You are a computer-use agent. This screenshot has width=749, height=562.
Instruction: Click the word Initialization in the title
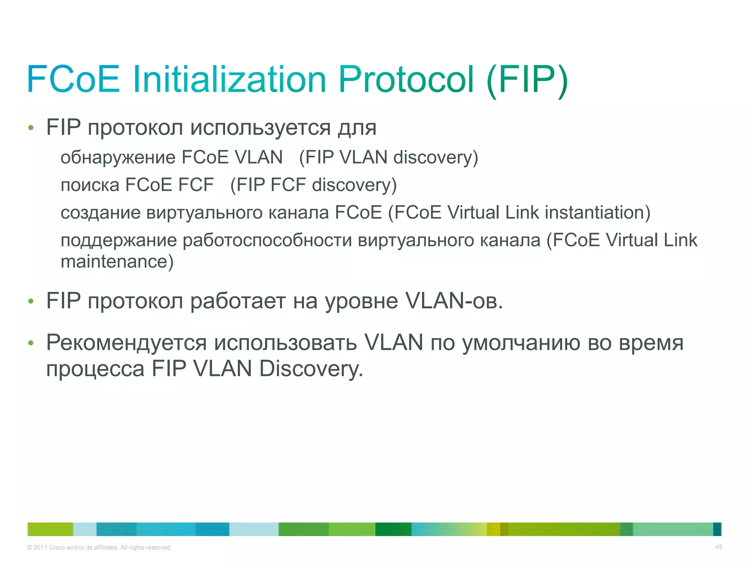click(x=229, y=79)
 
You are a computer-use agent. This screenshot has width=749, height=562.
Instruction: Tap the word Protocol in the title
click(x=406, y=79)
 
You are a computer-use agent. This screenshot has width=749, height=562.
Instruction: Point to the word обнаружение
click(x=118, y=158)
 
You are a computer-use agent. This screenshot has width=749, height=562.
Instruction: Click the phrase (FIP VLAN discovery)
click(x=388, y=158)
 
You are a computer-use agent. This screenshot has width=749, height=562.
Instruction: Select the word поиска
click(x=90, y=185)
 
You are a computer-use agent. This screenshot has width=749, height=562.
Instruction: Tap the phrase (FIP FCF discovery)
click(x=313, y=185)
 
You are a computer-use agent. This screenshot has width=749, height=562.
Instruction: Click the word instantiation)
click(x=598, y=213)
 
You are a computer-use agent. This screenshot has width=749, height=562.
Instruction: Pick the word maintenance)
click(x=117, y=262)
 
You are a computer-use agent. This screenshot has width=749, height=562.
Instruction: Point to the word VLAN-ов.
click(x=454, y=301)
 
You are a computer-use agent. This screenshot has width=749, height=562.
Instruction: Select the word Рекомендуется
click(x=127, y=343)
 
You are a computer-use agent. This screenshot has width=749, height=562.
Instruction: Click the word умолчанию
click(x=522, y=343)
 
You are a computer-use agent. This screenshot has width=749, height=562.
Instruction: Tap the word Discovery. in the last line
click(x=311, y=369)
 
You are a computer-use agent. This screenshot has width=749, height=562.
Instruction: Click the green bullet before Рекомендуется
click(x=31, y=343)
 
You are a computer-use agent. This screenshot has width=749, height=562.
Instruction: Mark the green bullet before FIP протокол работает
click(x=31, y=301)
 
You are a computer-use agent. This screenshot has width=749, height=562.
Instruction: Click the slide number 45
click(x=718, y=547)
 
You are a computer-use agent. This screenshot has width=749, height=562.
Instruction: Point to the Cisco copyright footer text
click(x=99, y=547)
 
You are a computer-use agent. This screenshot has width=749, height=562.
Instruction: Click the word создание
click(x=101, y=213)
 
